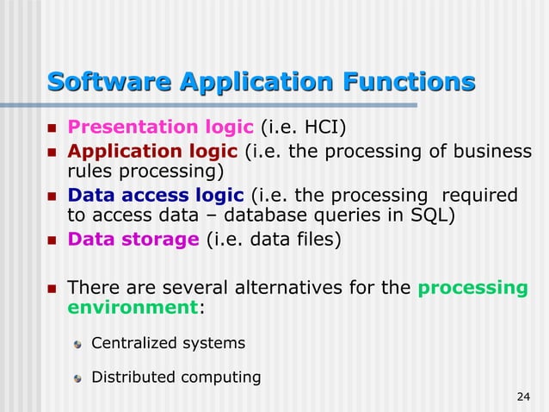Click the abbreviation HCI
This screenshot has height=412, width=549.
tap(325, 128)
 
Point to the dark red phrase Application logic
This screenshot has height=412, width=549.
tap(153, 152)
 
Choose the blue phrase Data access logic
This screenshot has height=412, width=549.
tap(157, 195)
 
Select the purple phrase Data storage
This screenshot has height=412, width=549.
tap(133, 239)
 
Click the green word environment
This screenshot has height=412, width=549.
tap(132, 308)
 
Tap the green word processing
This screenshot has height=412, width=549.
tap(472, 287)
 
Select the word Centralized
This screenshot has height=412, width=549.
tap(133, 343)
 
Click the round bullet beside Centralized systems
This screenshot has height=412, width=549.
tap(78, 344)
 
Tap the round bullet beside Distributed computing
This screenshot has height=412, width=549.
tap(78, 378)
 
